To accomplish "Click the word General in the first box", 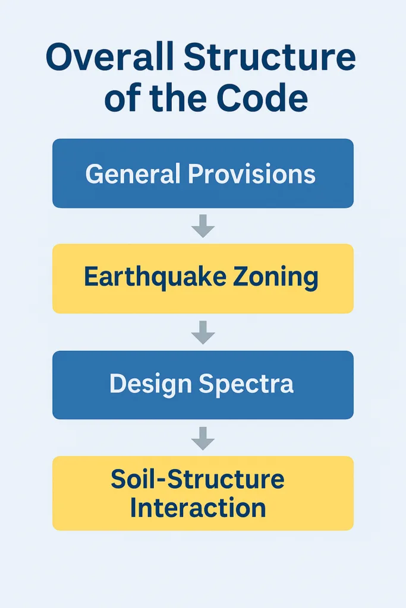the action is click(133, 173).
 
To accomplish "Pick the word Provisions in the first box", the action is click(252, 173).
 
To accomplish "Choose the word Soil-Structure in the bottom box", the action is click(197, 479).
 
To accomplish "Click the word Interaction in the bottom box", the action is click(198, 508).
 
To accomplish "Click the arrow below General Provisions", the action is click(203, 226).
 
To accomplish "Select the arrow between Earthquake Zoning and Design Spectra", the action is click(203, 332).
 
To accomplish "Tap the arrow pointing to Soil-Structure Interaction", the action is click(203, 439).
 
